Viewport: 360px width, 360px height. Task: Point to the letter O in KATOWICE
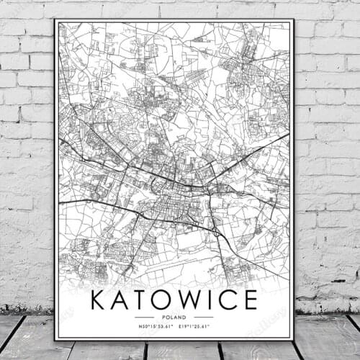165,299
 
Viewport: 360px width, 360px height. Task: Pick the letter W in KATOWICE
192,299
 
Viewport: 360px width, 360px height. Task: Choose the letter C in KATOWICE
228,299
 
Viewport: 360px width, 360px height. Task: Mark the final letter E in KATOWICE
250,299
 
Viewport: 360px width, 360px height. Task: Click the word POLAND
174,316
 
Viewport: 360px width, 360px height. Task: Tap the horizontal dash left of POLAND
144,316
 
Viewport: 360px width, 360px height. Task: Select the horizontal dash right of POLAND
204,316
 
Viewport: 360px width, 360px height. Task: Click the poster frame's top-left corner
55,19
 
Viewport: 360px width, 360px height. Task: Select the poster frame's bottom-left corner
55,339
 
